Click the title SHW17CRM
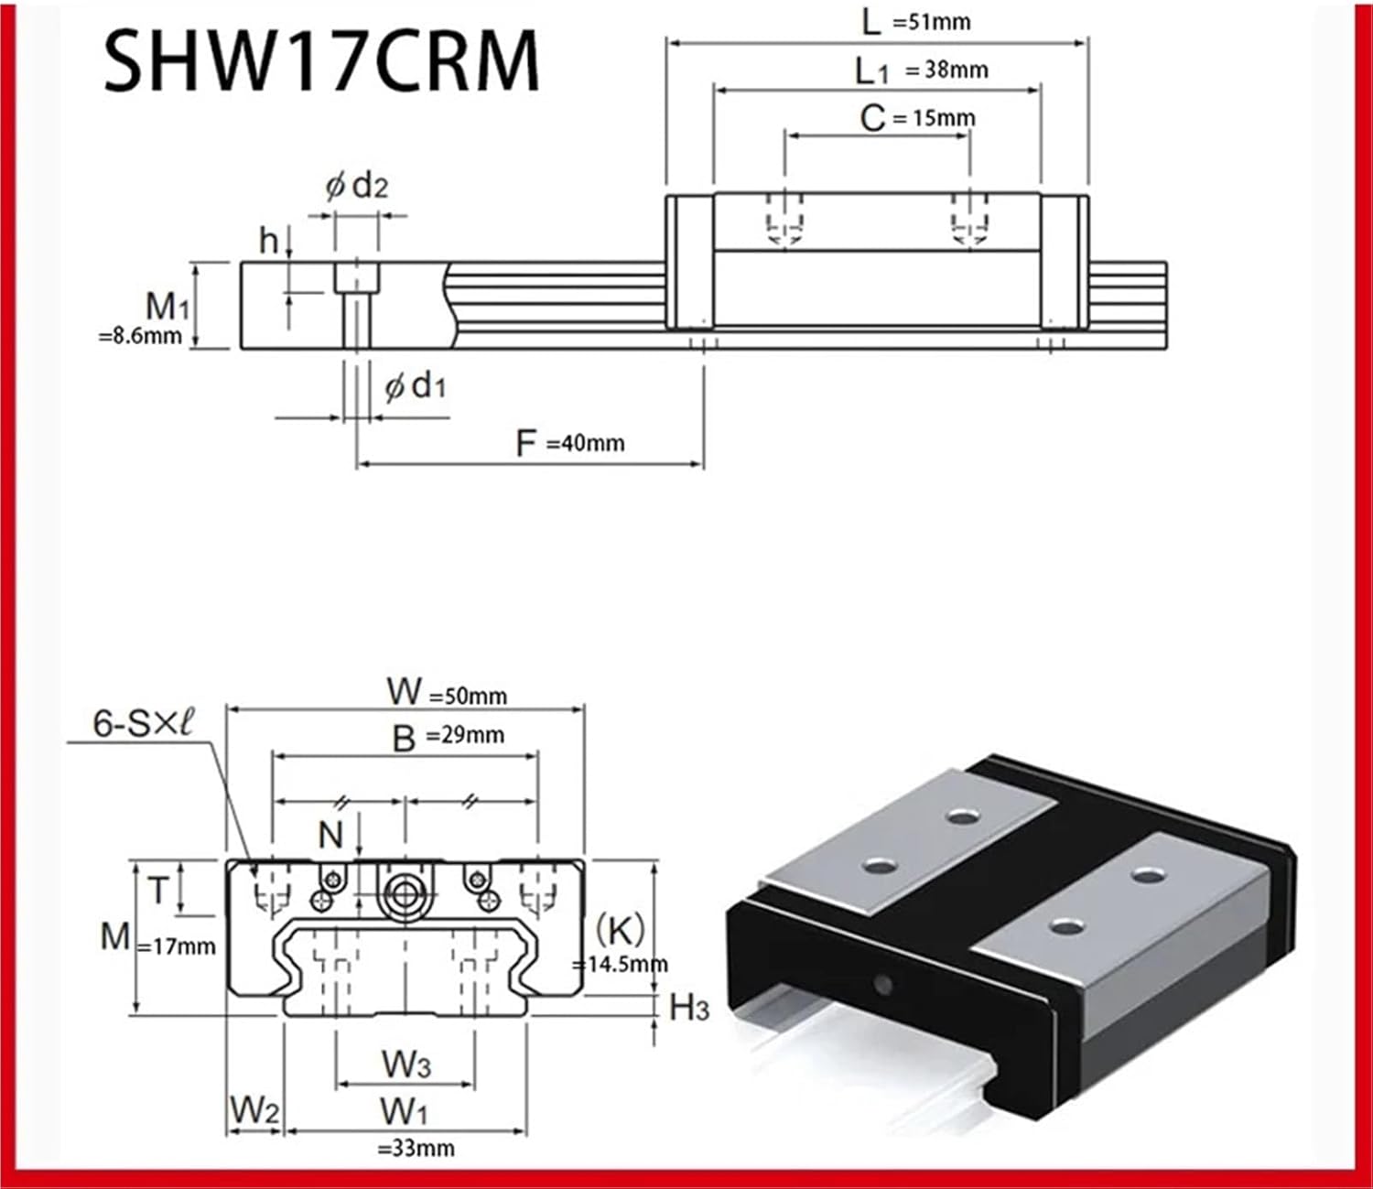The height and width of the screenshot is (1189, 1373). pyautogui.click(x=321, y=62)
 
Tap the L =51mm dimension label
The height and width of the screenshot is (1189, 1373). pyautogui.click(x=916, y=21)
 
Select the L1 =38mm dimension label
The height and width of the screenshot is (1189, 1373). pyautogui.click(x=921, y=70)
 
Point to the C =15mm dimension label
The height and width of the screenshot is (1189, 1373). pyautogui.click(x=917, y=118)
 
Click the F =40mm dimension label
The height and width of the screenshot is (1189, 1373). pyautogui.click(x=570, y=443)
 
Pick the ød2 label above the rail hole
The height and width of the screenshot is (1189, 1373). pyautogui.click(x=357, y=187)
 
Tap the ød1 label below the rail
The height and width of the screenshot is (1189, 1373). pyautogui.click(x=416, y=387)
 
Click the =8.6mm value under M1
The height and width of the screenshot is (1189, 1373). pyautogui.click(x=140, y=336)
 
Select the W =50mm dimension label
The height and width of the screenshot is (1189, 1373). pyautogui.click(x=447, y=692)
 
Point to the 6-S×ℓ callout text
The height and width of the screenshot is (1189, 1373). pyautogui.click(x=144, y=723)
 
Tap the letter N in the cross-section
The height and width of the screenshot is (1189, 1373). pyautogui.click(x=330, y=835)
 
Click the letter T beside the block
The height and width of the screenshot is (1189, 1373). pyautogui.click(x=158, y=890)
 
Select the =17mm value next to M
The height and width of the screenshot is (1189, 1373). pyautogui.click(x=177, y=946)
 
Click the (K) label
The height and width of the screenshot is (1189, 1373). pyautogui.click(x=620, y=930)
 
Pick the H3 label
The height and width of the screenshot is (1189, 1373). pyautogui.click(x=689, y=1008)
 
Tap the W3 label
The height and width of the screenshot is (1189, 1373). pyautogui.click(x=405, y=1065)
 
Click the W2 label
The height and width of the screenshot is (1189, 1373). pyautogui.click(x=254, y=1110)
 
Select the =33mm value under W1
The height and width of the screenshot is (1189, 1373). pyautogui.click(x=416, y=1148)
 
